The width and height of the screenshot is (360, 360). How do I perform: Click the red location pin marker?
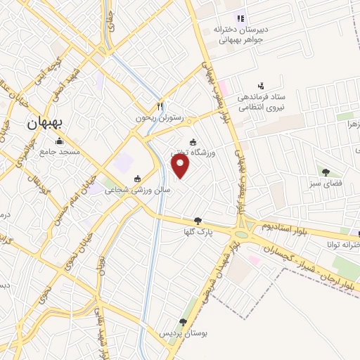coord(181,165)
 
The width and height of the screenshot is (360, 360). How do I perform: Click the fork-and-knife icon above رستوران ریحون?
coord(160,106)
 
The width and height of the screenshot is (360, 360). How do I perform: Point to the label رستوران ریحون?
coord(158,118)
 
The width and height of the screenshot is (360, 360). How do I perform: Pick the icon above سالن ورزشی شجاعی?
coord(136,178)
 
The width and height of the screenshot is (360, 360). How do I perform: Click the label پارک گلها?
coord(198,232)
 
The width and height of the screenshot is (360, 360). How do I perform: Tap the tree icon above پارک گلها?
coord(198,221)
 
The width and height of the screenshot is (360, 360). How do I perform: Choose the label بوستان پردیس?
coord(183,332)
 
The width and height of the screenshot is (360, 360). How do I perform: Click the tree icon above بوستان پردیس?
coord(183,321)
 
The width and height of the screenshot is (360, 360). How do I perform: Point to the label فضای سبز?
coord(326,184)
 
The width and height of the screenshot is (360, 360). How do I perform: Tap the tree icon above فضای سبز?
coord(326,172)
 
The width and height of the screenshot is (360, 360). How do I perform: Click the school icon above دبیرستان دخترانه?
coord(241,18)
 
